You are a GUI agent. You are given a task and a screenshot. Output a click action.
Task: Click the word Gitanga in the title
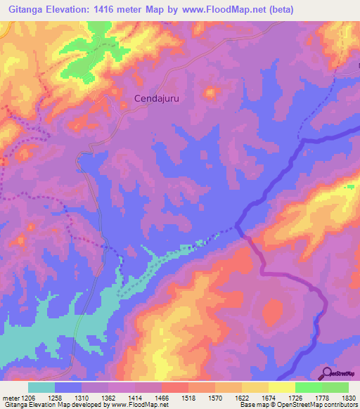[x=28, y=9]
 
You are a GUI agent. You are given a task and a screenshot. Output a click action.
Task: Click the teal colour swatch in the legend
[x=41, y=387]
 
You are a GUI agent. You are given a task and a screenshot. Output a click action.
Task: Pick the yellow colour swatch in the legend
[x=282, y=387]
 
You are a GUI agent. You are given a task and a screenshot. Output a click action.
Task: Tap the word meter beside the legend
[x=9, y=397]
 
